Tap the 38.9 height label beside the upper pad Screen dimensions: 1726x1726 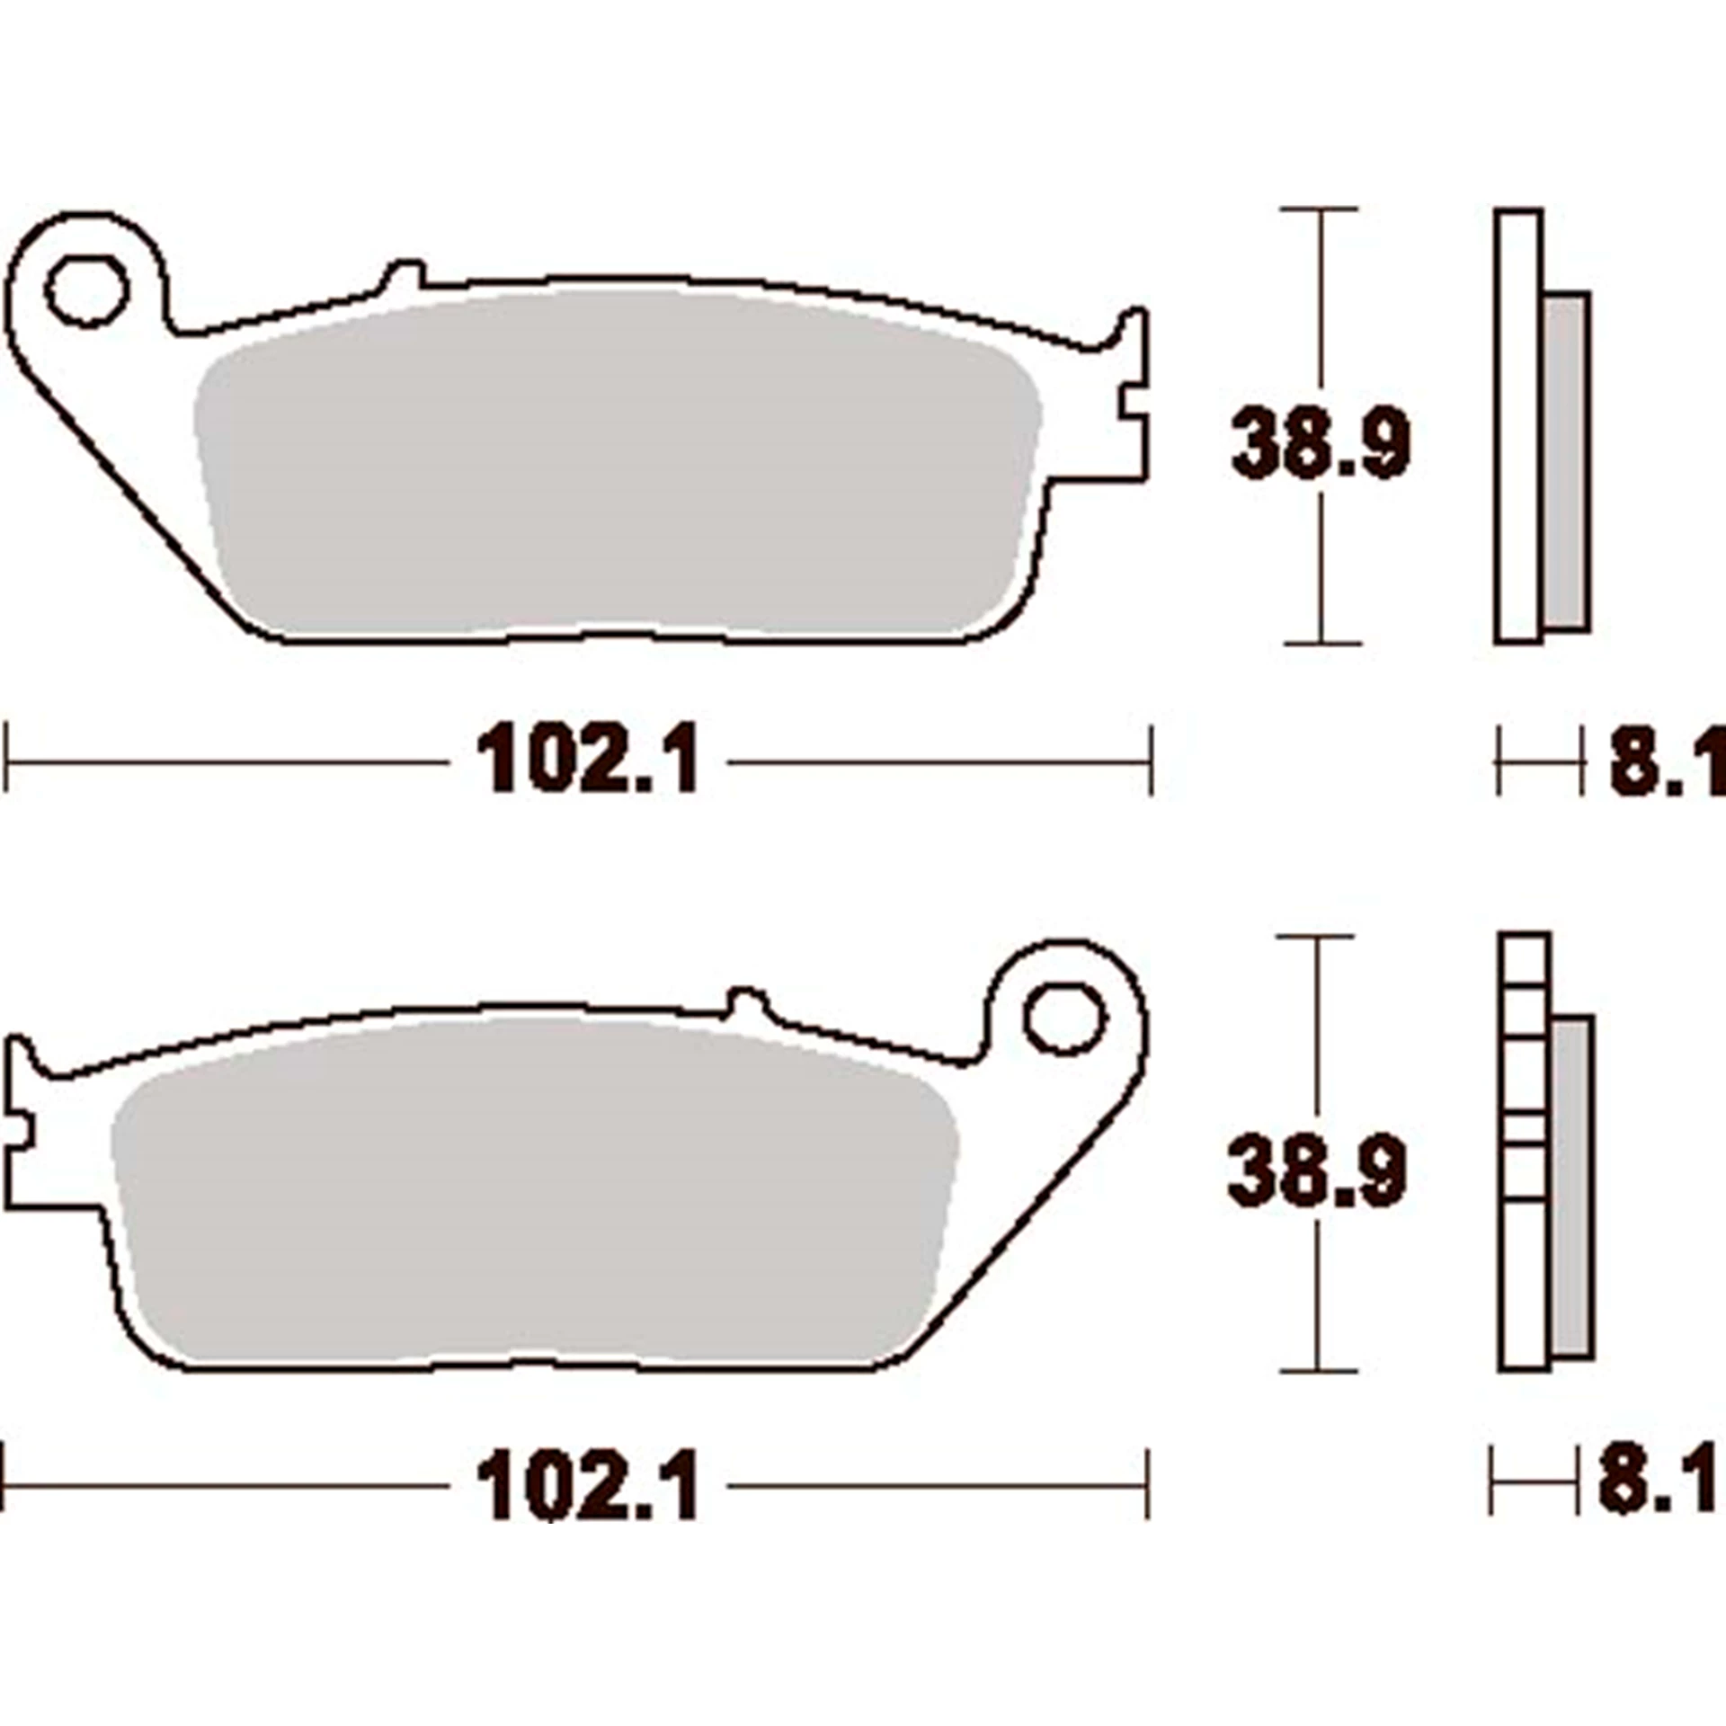(x=1320, y=443)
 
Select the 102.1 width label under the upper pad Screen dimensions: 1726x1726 (x=589, y=762)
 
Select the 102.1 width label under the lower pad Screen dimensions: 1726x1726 (x=589, y=1487)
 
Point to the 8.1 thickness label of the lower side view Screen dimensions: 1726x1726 (x=1659, y=1485)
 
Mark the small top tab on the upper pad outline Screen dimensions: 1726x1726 (x=404, y=273)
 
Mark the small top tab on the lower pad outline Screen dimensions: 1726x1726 (x=748, y=1000)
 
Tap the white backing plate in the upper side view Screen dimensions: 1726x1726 (x=1518, y=427)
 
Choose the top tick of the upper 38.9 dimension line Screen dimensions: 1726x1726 (x=1319, y=209)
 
